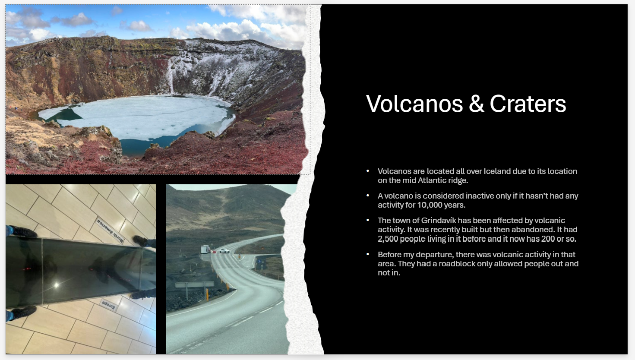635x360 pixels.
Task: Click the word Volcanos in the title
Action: [x=414, y=104]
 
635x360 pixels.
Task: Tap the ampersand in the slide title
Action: [x=476, y=104]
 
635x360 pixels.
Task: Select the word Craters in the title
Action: [x=528, y=104]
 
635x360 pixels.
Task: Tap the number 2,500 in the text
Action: [x=388, y=239]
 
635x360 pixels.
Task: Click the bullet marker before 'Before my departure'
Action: [x=368, y=254]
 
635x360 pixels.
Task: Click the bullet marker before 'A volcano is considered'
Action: [x=368, y=196]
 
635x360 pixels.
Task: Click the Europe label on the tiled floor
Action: [x=108, y=304]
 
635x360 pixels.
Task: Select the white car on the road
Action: [x=224, y=251]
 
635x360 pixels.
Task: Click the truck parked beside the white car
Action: [x=205, y=249]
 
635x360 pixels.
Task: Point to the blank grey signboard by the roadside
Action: [x=194, y=284]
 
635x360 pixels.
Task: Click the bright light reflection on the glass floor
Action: [x=56, y=285]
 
